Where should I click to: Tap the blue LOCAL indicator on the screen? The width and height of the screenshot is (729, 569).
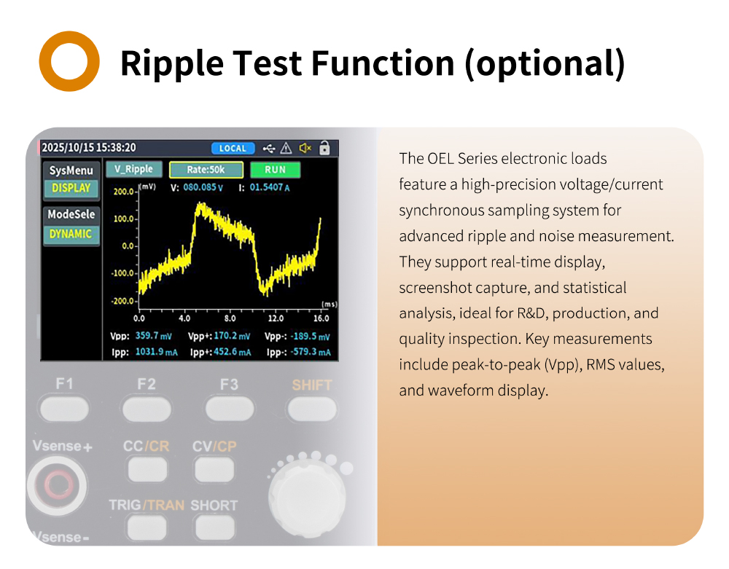233,148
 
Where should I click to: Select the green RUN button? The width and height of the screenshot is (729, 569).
276,170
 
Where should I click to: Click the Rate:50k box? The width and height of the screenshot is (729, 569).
206,170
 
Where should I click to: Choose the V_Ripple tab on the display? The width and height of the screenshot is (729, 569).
134,169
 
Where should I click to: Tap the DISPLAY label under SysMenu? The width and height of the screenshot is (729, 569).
71,188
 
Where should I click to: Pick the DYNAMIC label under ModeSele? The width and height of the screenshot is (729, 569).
71,234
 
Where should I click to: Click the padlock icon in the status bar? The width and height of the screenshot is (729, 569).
324,148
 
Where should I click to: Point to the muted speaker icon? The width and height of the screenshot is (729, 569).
305,148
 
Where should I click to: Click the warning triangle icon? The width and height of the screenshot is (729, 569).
286,148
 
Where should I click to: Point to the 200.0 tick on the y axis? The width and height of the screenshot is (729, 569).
124,192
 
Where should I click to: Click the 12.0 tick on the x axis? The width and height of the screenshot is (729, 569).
276,318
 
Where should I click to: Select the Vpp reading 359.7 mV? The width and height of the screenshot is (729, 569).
153,336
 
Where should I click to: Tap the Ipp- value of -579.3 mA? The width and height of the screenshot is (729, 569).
311,352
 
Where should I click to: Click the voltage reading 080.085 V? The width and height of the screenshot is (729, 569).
203,187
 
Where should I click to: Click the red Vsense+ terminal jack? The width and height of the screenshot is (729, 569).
58,485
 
